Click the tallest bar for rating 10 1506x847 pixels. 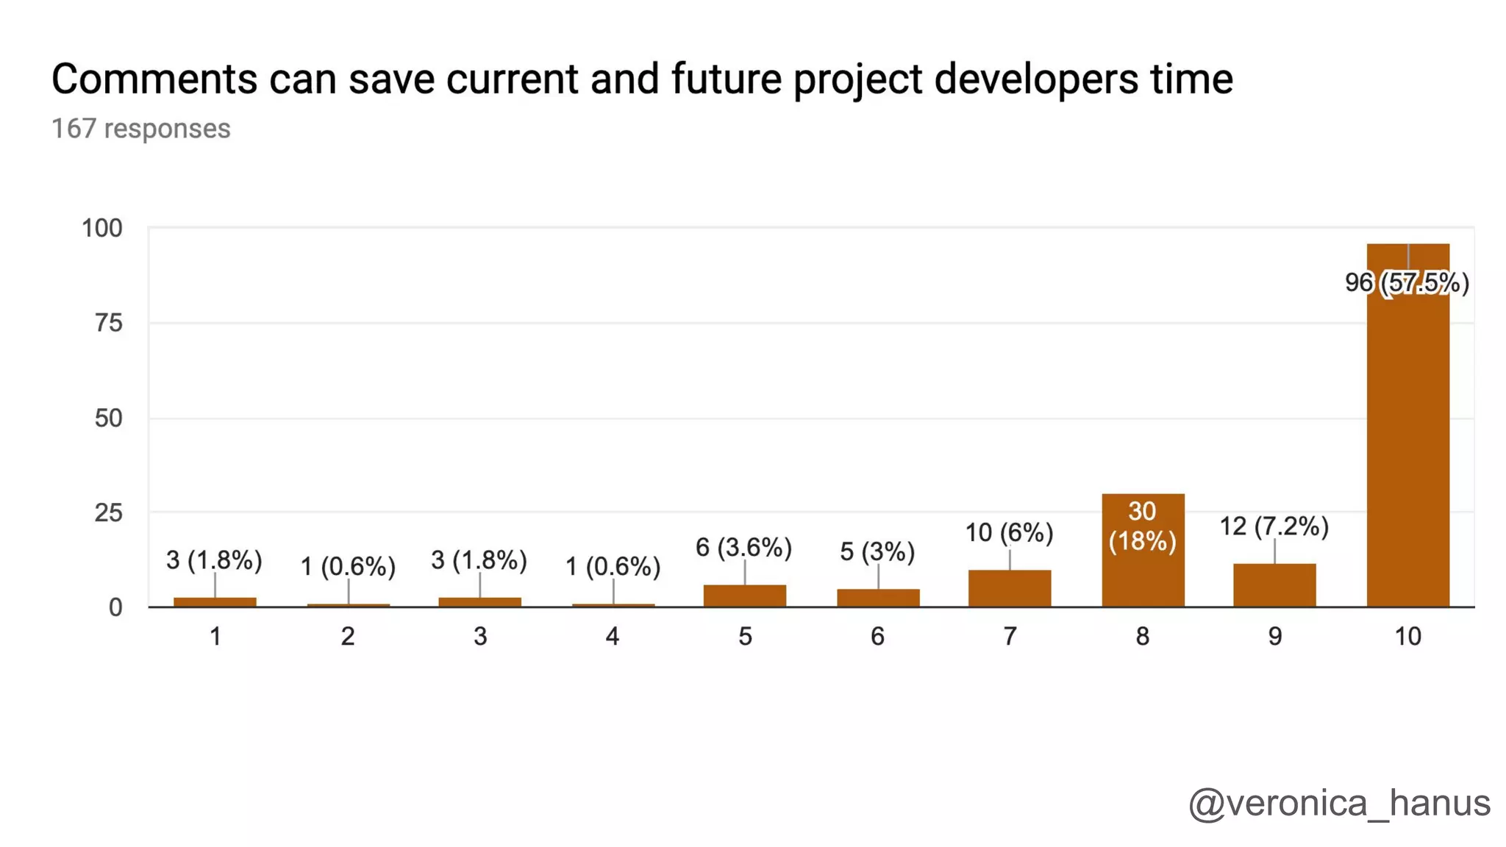click(1407, 441)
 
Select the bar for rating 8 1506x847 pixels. click(1143, 573)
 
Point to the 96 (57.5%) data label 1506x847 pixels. click(1407, 282)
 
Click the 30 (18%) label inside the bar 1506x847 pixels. click(1143, 526)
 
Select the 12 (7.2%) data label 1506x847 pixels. click(1274, 526)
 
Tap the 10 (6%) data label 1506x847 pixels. click(1009, 532)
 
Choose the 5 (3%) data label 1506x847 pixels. click(877, 551)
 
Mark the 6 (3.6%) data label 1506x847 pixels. click(743, 548)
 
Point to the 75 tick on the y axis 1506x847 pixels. click(109, 323)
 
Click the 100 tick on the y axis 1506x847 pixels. click(102, 229)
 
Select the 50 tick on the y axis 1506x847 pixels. click(109, 418)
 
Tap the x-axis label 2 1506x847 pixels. click(348, 637)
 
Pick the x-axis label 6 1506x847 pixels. click(877, 637)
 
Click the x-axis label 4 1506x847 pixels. click(613, 637)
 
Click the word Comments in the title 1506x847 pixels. click(154, 79)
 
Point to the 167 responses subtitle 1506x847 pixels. click(141, 129)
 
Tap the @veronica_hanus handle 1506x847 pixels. click(1339, 803)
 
